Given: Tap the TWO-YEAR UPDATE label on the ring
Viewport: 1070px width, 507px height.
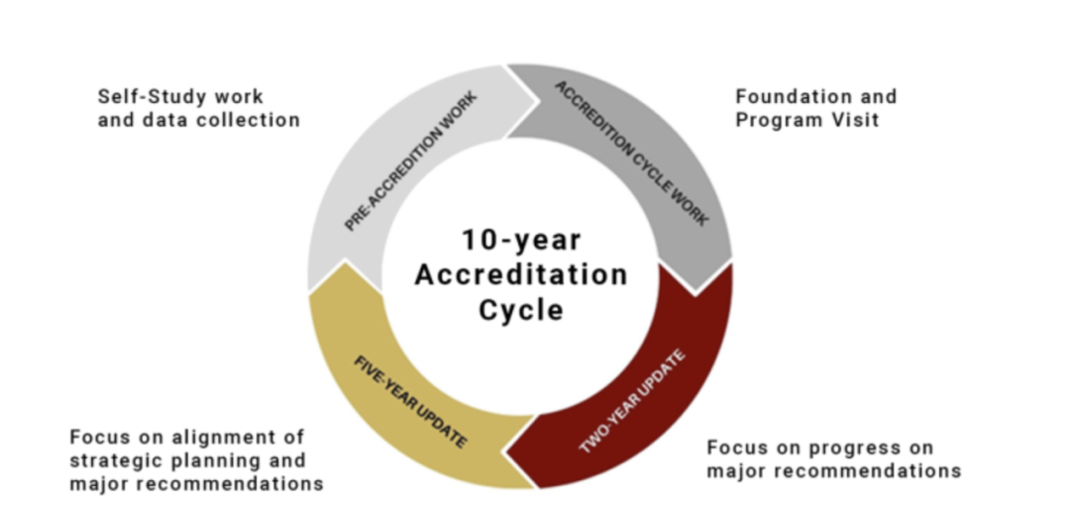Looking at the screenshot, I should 633,401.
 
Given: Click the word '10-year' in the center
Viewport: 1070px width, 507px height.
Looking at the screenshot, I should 520,240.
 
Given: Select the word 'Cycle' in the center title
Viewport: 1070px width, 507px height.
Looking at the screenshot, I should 521,309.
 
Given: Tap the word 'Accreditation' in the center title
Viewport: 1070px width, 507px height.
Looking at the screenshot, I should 521,274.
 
